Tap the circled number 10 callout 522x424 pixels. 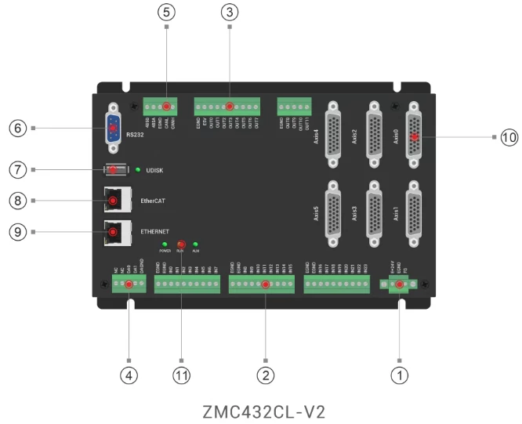(x=509, y=136)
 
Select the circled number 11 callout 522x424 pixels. (x=182, y=375)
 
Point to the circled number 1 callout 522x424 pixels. (x=400, y=375)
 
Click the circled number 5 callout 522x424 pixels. (x=166, y=13)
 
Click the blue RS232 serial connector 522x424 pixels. (x=113, y=128)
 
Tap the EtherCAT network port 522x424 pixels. (x=114, y=201)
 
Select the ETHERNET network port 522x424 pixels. (x=114, y=232)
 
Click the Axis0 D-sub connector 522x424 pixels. (x=414, y=136)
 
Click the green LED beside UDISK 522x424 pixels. (x=137, y=169)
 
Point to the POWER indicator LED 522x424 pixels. (x=165, y=245)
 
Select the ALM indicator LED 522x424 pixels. (x=196, y=245)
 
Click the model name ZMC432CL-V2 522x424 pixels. (x=263, y=410)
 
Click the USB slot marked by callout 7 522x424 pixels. (x=115, y=169)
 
